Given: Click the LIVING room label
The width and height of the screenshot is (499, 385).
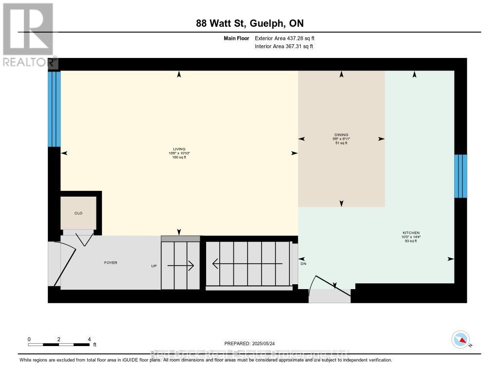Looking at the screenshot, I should click(179, 149).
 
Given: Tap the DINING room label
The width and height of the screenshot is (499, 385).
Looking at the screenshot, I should click(341, 135).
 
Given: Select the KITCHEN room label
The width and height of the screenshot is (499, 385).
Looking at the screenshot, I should click(411, 233).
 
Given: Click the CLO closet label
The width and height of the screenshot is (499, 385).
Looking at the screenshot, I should click(77, 213).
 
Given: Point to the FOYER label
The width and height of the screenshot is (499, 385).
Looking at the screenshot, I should click(111, 263).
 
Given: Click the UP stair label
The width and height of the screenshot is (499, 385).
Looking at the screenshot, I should click(154, 266).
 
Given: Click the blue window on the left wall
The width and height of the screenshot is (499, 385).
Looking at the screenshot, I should click(54, 109).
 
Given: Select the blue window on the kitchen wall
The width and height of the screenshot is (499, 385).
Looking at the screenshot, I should click(461, 176).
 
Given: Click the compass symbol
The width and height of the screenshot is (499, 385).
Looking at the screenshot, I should click(461, 339).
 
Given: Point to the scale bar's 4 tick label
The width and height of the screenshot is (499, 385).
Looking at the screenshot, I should click(89, 339).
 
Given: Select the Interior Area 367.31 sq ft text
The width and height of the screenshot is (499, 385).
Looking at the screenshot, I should click(284, 46).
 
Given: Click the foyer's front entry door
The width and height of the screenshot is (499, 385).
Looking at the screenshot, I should click(63, 265).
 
